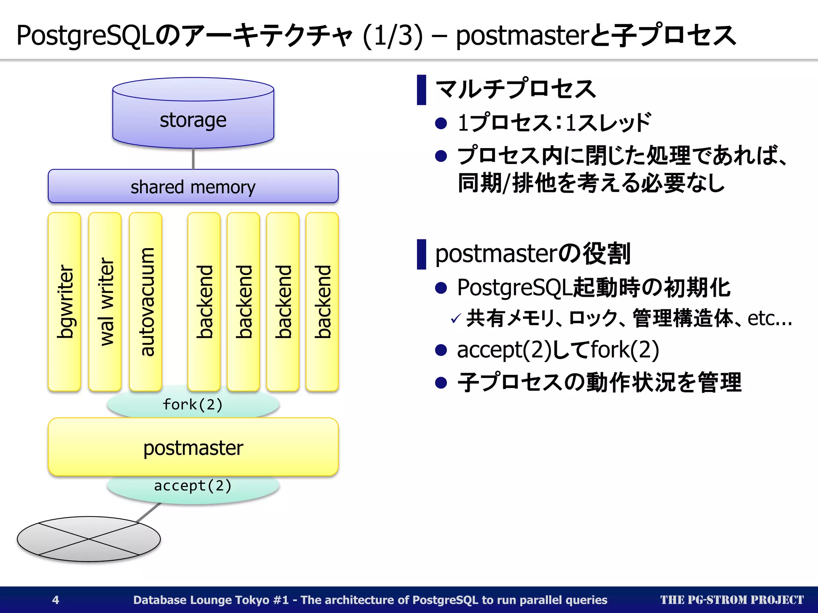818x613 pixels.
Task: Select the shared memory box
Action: pos(193,186)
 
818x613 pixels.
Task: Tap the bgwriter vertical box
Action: pos(64,302)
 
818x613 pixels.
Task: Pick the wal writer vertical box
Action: pos(105,302)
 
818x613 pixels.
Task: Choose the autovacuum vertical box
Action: pos(146,302)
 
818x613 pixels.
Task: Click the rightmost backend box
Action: pos(322,302)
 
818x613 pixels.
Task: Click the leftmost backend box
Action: pos(204,302)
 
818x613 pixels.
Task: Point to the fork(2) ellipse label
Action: pos(193,405)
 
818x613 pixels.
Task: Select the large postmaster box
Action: pos(193,447)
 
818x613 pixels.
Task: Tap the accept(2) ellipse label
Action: pos(193,486)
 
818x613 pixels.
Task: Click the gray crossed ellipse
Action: pos(89,539)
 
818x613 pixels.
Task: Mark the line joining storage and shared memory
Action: pos(193,159)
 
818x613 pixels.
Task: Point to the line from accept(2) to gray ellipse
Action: pos(149,512)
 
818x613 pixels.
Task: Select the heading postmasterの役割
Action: pos(532,254)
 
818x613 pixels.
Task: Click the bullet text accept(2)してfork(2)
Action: pos(558,350)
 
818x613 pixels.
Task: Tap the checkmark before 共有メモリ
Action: pos(455,319)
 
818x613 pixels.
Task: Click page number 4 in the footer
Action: pos(56,600)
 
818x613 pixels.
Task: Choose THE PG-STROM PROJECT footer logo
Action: pos(732,600)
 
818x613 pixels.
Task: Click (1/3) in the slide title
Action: pos(393,36)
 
